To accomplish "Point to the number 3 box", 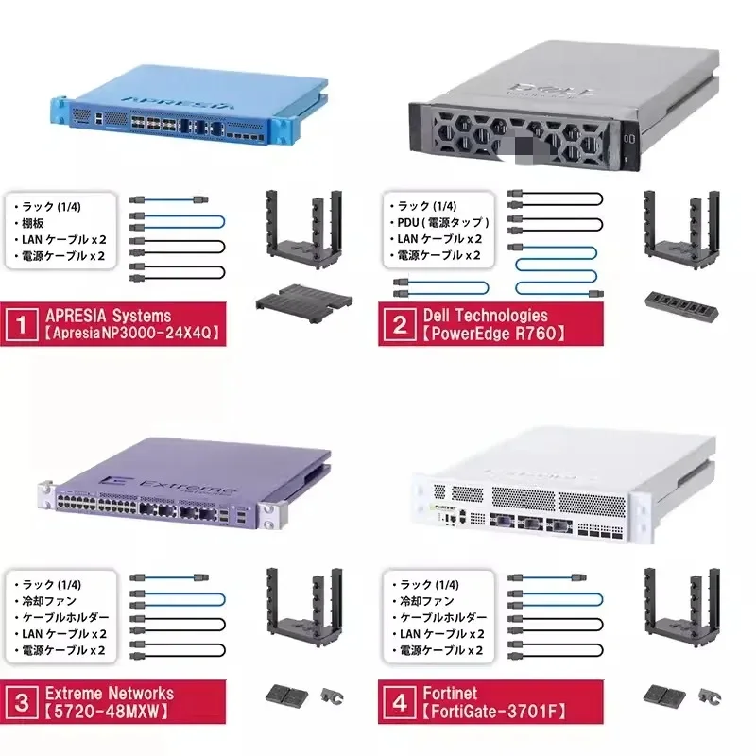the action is [x=21, y=702].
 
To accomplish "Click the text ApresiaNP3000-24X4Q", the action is [x=129, y=334].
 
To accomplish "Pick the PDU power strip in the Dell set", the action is [x=678, y=302].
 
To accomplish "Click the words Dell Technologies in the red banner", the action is [x=485, y=316].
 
